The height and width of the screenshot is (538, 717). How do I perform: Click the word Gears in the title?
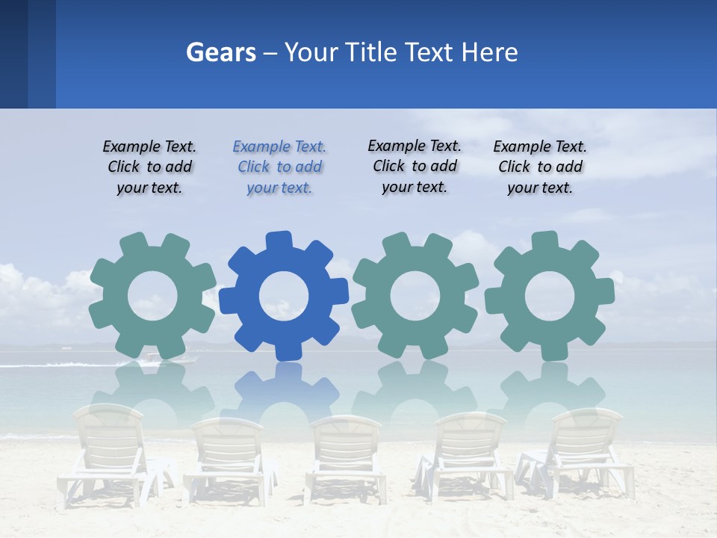(x=221, y=52)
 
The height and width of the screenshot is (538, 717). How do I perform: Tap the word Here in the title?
(x=489, y=52)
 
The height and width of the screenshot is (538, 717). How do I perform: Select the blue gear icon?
(x=283, y=296)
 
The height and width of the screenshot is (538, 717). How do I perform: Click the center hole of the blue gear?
(x=284, y=296)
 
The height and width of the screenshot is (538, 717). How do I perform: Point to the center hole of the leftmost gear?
(x=152, y=296)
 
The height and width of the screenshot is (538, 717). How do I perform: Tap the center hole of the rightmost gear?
(x=549, y=295)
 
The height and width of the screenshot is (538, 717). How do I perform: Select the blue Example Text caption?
(x=279, y=167)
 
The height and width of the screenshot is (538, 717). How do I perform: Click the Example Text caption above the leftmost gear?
(x=149, y=167)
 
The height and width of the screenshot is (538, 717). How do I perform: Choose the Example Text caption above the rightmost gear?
(x=540, y=167)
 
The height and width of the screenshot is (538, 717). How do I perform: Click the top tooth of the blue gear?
(x=278, y=241)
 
